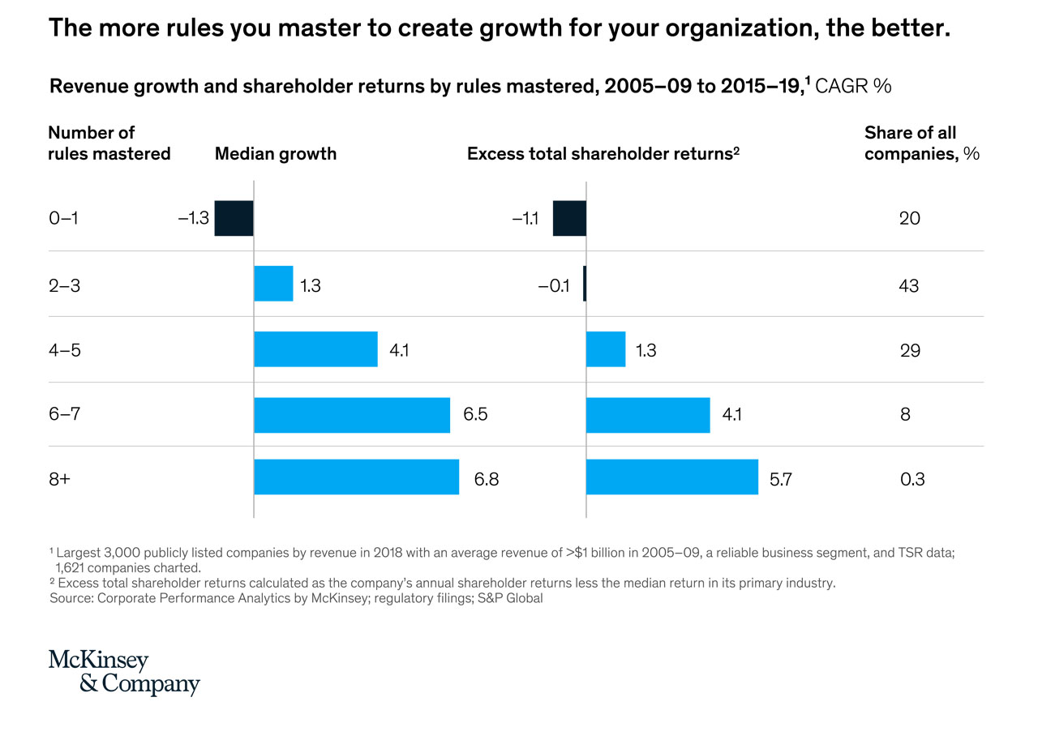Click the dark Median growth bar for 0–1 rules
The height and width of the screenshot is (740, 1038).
(x=234, y=218)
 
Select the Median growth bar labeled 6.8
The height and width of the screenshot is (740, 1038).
(x=356, y=477)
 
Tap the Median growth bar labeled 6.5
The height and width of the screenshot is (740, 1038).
(x=352, y=415)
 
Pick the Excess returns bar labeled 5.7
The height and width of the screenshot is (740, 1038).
(x=672, y=477)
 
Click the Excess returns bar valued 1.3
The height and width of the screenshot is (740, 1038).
(x=606, y=349)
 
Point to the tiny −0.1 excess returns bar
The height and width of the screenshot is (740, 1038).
(x=585, y=284)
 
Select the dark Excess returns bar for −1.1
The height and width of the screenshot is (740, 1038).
(x=569, y=218)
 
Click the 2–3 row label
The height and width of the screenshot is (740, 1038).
(x=64, y=286)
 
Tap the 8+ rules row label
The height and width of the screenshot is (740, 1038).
(x=59, y=479)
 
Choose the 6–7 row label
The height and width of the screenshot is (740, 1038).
(x=64, y=413)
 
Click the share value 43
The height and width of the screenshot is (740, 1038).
(x=909, y=286)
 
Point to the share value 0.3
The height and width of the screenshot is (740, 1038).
(x=912, y=479)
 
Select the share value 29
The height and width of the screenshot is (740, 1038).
(x=910, y=351)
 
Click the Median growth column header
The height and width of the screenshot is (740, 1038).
(x=276, y=154)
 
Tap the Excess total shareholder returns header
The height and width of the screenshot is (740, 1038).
(x=603, y=154)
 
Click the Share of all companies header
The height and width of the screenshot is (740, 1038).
(x=922, y=143)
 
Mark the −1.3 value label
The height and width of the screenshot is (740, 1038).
(x=194, y=218)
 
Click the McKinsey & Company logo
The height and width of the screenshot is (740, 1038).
(x=124, y=672)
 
